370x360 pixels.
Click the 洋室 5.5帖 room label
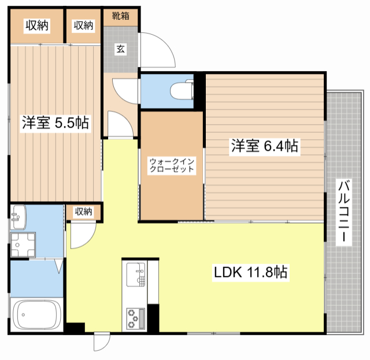point(55,123)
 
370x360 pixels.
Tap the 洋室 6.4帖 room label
point(265,146)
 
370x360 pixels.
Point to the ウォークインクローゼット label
point(171,165)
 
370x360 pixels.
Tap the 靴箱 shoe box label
point(121,16)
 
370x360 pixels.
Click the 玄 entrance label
point(121,49)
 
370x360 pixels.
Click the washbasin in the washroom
point(17,216)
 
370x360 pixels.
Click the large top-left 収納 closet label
point(36,25)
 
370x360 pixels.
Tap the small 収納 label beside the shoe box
point(83,25)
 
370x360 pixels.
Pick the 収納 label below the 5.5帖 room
point(83,211)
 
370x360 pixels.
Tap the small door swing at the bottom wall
point(101,342)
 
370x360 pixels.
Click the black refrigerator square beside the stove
point(153,317)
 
